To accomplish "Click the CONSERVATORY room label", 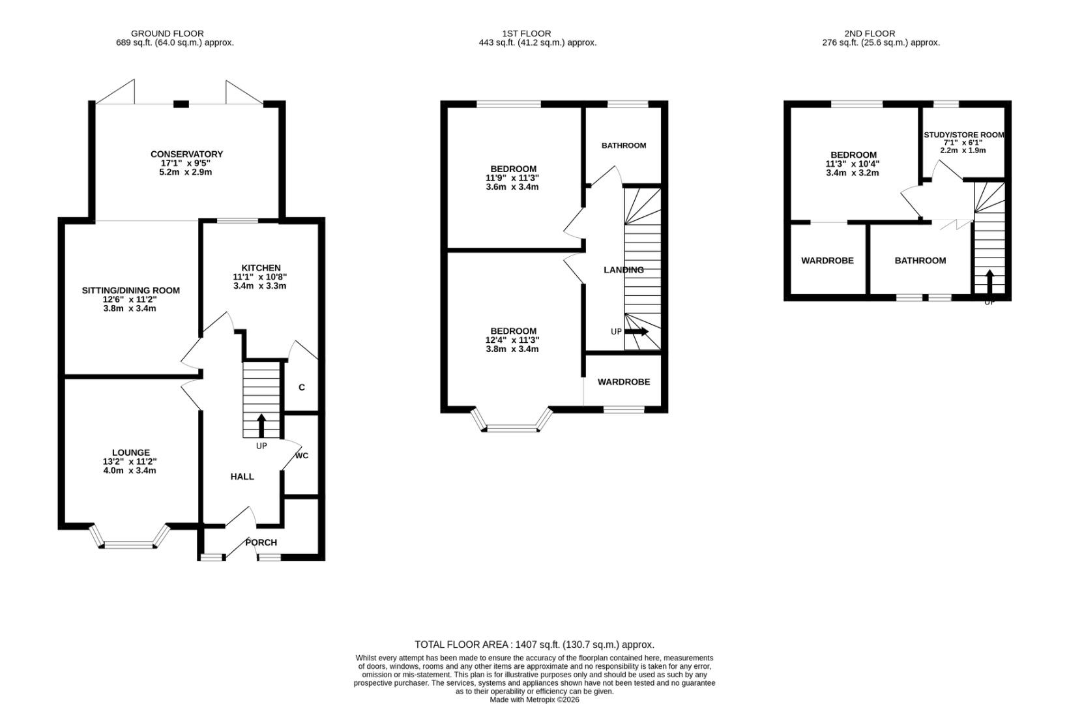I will click(186, 154).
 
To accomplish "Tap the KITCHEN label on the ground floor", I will click(261, 268).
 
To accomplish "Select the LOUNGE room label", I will click(130, 452).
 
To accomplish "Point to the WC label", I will click(301, 456).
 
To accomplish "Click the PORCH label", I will click(261, 542).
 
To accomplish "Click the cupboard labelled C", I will click(301, 387).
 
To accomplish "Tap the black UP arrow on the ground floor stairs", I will click(262, 426).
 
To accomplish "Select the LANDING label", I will click(623, 270).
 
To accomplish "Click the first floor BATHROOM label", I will click(623, 145).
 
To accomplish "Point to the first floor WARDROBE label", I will click(623, 382).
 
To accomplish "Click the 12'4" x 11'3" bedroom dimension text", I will click(513, 340).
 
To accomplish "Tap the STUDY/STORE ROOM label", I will click(963, 135).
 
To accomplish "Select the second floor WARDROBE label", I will click(827, 261).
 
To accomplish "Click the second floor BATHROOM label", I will click(920, 261).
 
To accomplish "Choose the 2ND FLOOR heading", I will click(869, 33).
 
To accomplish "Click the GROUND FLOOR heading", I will click(167, 33).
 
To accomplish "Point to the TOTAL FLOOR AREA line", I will click(534, 645).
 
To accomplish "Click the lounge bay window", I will click(130, 543).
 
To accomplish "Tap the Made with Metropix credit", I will click(534, 699).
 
